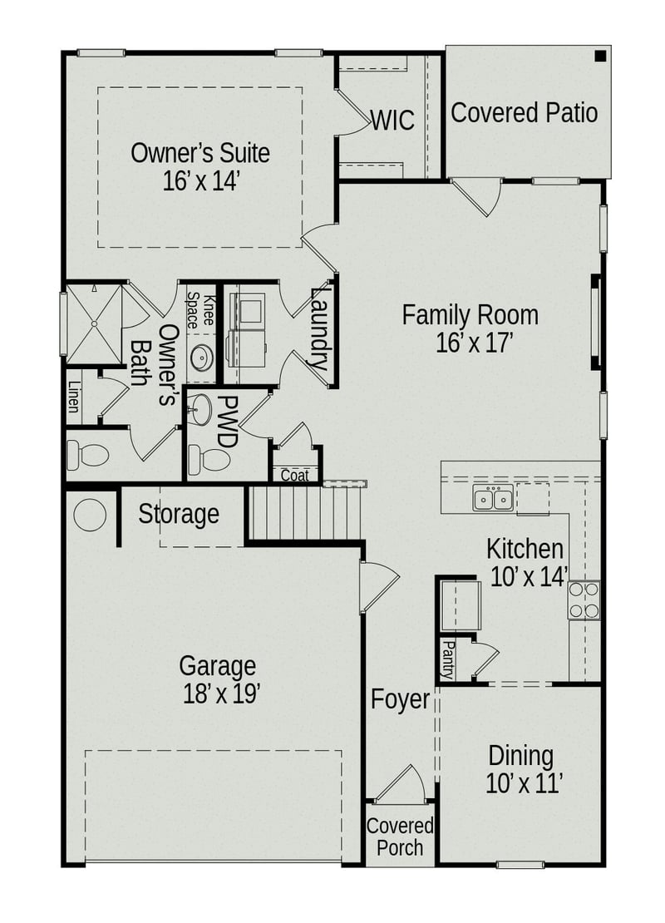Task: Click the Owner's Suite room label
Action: [200, 153]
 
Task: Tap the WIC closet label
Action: [392, 121]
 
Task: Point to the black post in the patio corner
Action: [599, 57]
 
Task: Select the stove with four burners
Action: [584, 600]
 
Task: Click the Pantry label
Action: [448, 660]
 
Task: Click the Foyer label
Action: [400, 700]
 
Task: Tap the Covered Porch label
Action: [400, 837]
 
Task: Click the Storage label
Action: [179, 514]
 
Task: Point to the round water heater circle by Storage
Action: [90, 515]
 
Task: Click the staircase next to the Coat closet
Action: [304, 513]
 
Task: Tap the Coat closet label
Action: [295, 476]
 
